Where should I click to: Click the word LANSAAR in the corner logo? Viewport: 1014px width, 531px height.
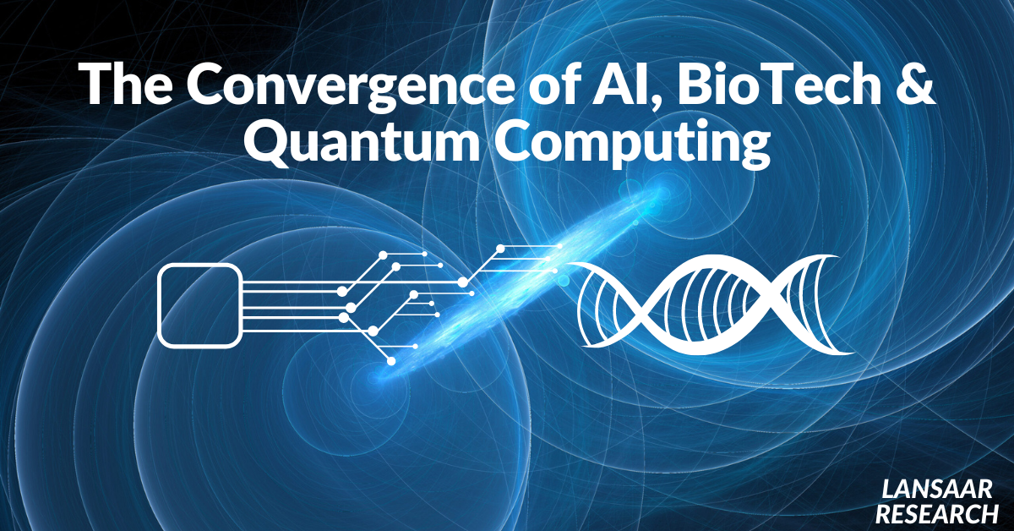click(x=936, y=489)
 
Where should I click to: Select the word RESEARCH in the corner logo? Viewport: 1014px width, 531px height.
click(x=936, y=512)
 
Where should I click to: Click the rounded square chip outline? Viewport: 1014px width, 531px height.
click(x=200, y=305)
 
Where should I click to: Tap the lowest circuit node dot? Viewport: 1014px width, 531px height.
click(x=391, y=361)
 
